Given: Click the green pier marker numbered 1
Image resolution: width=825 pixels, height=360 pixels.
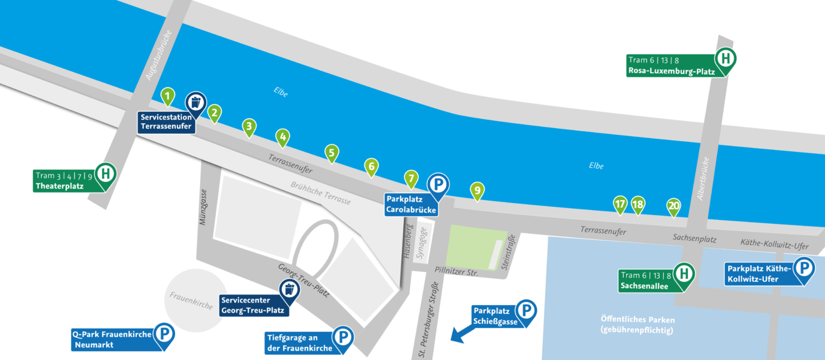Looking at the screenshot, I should click(x=167, y=96).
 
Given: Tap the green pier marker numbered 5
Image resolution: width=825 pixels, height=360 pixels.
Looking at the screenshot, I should click(x=332, y=152).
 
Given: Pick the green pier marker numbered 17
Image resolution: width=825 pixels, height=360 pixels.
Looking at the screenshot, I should click(x=619, y=204).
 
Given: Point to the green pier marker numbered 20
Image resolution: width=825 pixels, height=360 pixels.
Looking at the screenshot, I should click(x=673, y=205).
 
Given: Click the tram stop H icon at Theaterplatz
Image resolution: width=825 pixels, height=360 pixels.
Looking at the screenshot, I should click(x=105, y=173).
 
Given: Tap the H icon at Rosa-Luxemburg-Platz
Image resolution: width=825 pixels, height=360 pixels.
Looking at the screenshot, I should click(x=726, y=59).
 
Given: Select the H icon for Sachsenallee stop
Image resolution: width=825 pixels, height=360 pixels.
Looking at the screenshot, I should click(x=684, y=273).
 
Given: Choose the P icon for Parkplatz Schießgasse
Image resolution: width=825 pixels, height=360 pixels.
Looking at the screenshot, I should click(x=526, y=310).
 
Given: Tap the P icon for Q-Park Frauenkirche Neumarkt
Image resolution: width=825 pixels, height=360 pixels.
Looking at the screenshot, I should click(x=164, y=334).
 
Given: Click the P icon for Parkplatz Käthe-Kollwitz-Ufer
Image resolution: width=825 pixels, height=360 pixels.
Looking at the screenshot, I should click(x=804, y=269).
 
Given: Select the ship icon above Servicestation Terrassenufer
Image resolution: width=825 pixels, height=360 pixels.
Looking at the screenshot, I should click(x=196, y=102).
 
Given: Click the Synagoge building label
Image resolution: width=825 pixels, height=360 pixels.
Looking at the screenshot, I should click(x=422, y=241).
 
